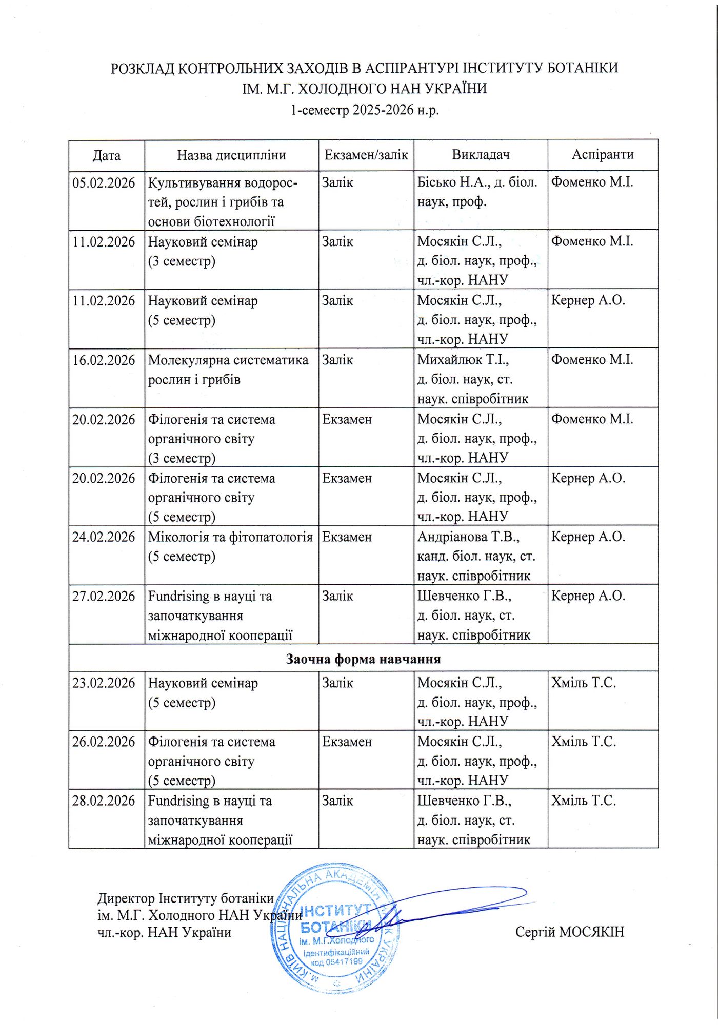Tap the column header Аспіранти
tap(603, 155)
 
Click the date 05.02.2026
tap(104, 183)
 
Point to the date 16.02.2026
tap(104, 360)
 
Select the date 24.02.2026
tap(104, 537)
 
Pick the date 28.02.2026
tap(104, 801)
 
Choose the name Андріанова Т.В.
tap(468, 537)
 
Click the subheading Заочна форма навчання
tap(363, 659)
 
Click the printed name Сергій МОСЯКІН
tap(570, 932)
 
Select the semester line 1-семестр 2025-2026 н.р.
tap(365, 110)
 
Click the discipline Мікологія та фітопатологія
tap(230, 537)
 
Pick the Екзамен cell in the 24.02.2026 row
tap(347, 537)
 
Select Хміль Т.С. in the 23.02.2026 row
tap(583, 683)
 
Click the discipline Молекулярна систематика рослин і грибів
tap(228, 370)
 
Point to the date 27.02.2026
tap(104, 597)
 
